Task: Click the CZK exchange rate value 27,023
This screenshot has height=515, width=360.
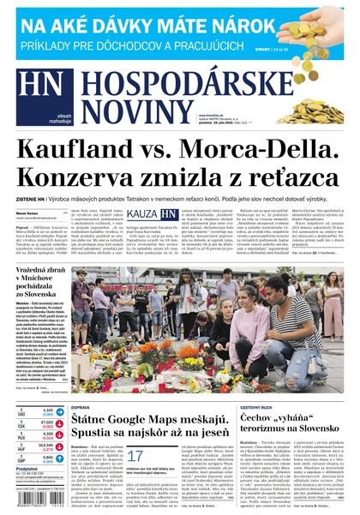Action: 46,422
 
